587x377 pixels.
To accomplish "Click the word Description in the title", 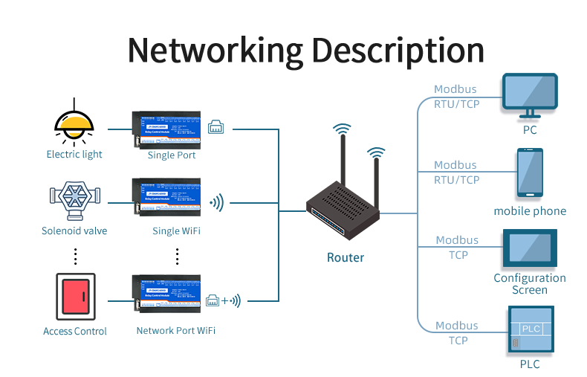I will pyautogui.click(x=398, y=51).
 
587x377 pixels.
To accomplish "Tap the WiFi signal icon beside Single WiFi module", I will pyautogui.click(x=216, y=202).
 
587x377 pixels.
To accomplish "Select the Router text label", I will pyautogui.click(x=346, y=258).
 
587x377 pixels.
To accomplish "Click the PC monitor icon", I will pyautogui.click(x=529, y=95).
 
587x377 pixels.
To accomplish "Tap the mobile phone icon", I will pyautogui.click(x=530, y=173).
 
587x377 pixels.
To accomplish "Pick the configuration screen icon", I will pyautogui.click(x=529, y=248).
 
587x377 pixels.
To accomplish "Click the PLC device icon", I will pyautogui.click(x=529, y=329).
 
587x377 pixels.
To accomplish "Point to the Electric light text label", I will pyautogui.click(x=74, y=155).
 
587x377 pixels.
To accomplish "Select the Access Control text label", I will pyautogui.click(x=75, y=332).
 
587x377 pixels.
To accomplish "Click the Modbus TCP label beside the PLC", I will pyautogui.click(x=457, y=333).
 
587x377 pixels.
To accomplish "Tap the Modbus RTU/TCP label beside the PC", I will pyautogui.click(x=456, y=97).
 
